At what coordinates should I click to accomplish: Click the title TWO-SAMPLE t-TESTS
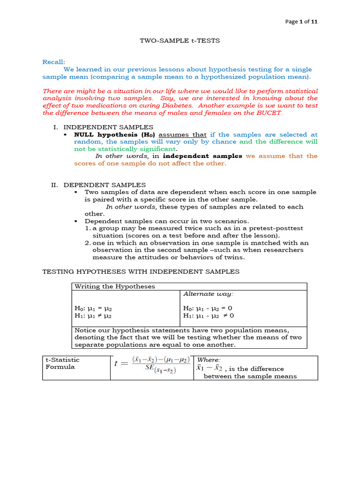click(x=180, y=41)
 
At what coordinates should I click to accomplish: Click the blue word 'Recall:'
click(x=54, y=62)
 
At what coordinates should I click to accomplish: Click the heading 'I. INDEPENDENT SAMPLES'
click(x=104, y=127)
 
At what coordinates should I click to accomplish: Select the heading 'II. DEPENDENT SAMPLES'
click(x=98, y=185)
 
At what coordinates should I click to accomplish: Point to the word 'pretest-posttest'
click(x=278, y=228)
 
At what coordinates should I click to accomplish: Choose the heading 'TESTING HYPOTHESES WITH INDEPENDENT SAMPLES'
click(x=141, y=271)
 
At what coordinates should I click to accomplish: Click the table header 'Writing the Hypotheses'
click(x=115, y=286)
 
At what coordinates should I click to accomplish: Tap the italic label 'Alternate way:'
click(x=208, y=294)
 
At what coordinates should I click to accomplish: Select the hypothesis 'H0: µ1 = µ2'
click(x=93, y=308)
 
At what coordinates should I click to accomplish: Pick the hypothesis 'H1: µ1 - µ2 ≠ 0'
click(x=208, y=316)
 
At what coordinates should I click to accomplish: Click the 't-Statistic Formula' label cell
click(x=62, y=363)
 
